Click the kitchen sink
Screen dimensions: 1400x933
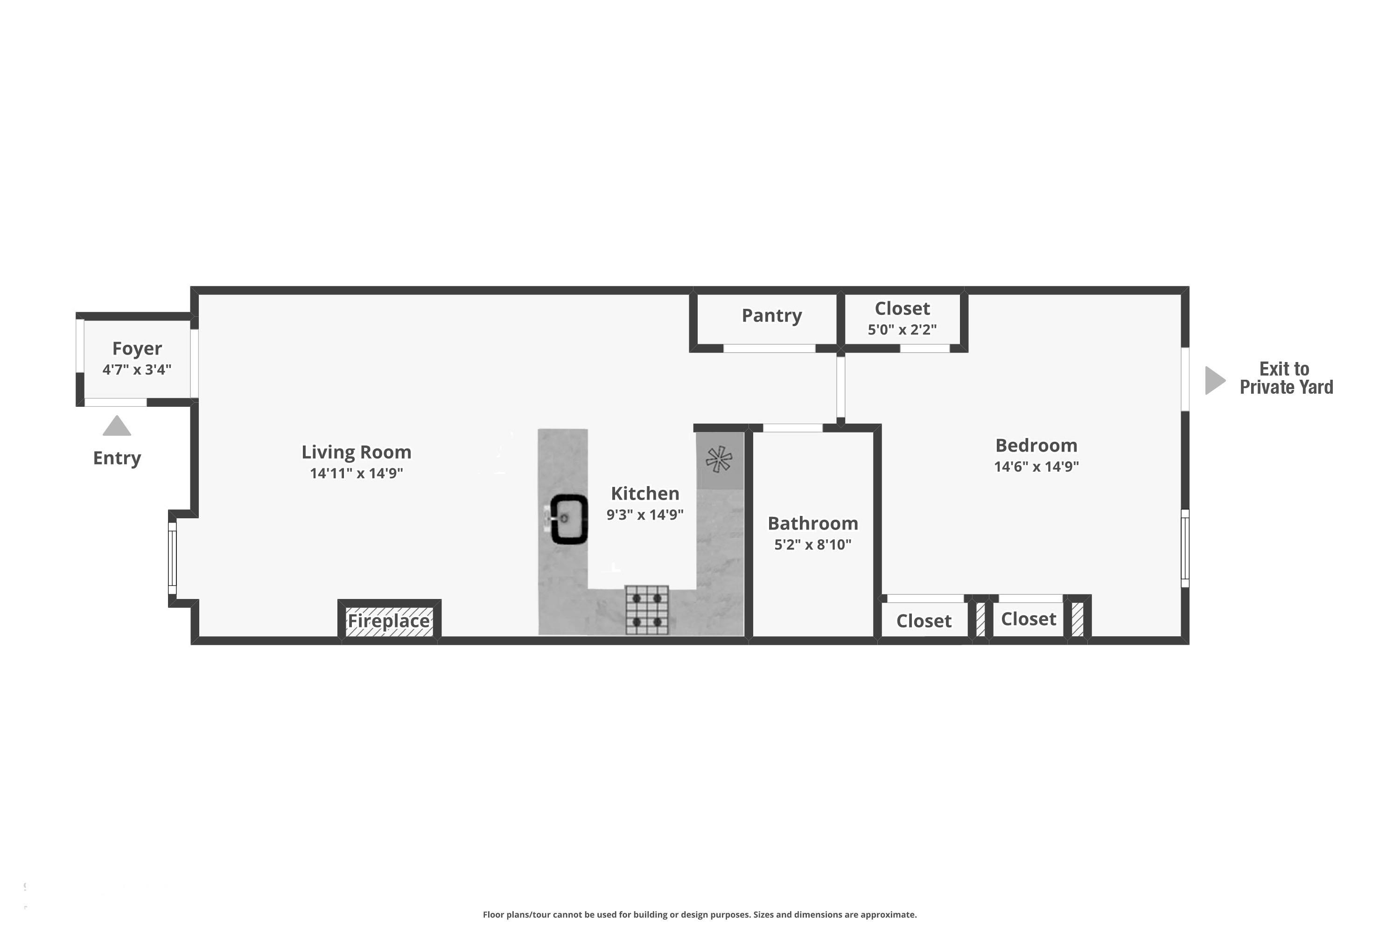tap(568, 520)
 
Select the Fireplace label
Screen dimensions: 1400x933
tap(389, 620)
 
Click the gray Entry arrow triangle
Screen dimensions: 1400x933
tap(117, 425)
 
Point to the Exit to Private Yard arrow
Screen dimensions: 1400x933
tap(1215, 380)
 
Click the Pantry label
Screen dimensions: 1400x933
tap(771, 315)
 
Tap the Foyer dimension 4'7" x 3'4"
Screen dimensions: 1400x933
tap(137, 369)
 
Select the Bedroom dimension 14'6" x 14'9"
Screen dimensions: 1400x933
tap(1036, 466)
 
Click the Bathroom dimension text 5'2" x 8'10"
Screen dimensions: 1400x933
tap(812, 544)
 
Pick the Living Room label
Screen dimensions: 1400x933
tap(357, 452)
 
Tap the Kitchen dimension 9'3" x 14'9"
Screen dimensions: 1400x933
tap(644, 515)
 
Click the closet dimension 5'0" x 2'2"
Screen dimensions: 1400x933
tap(902, 330)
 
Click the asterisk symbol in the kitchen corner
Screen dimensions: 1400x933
tap(719, 459)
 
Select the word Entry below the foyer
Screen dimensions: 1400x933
tap(117, 458)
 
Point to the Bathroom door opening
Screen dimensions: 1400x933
tap(792, 428)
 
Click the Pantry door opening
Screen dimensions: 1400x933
tap(769, 348)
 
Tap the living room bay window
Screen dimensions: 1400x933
tap(173, 558)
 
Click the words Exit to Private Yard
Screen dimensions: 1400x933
tap(1286, 378)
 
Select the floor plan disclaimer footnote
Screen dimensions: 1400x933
tap(700, 914)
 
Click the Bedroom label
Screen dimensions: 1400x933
tap(1036, 445)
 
